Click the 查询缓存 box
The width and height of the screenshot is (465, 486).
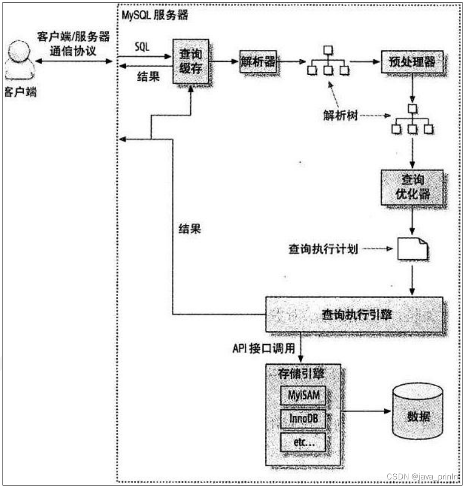[x=191, y=61]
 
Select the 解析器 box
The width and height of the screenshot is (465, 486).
[x=258, y=62]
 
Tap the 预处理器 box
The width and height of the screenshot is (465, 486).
[x=412, y=62]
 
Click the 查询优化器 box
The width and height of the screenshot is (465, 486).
[x=412, y=187]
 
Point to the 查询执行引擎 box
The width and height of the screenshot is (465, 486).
[x=354, y=315]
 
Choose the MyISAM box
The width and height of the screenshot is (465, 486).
[x=303, y=395]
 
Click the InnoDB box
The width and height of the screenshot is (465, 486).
[x=303, y=419]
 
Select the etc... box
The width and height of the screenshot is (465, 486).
[x=303, y=442]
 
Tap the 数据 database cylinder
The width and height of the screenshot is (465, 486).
[x=417, y=412]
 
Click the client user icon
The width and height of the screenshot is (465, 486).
[x=20, y=61]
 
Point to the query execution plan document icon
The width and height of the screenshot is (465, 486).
[x=413, y=249]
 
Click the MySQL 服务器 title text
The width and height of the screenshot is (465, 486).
[x=155, y=15]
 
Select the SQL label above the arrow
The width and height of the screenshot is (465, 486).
[x=142, y=47]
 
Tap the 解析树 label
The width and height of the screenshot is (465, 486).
[x=340, y=116]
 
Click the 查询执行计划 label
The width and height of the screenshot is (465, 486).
[x=323, y=249]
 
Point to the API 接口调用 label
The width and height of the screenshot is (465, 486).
[x=264, y=349]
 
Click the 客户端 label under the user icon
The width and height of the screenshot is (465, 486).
[x=20, y=92]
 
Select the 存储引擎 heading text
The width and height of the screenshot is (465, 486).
[x=301, y=374]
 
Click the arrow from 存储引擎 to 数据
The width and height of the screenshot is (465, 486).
[x=366, y=411]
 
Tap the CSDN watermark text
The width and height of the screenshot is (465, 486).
[x=423, y=476]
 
